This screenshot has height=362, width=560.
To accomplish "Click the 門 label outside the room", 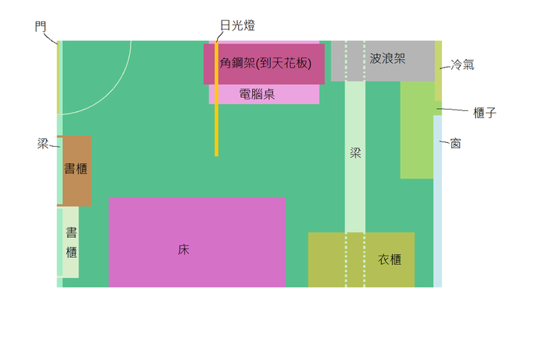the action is pos(40,26).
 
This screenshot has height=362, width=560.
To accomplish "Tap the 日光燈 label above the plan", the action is pos(237,26).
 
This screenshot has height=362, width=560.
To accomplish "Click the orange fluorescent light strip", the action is pos(216,99).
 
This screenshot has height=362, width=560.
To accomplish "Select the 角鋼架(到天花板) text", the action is pos(265,63).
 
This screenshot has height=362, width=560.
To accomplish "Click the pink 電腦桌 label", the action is pos(257,94).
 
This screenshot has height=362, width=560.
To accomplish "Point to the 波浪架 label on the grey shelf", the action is pos(387,58).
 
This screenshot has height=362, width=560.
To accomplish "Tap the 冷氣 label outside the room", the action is pos(463,64).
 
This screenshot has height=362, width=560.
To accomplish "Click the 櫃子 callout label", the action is pos(485,113).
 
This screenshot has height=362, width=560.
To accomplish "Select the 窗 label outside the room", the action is pos(455,144).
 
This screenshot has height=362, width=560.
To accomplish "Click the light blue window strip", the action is pos(437,201).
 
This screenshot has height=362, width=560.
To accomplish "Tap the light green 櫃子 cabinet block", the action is pos(417,130).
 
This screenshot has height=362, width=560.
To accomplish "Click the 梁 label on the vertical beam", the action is pos(355,153).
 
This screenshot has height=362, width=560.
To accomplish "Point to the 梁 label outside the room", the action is pos(43,144).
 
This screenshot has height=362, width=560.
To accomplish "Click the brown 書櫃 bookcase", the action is pos(75,170).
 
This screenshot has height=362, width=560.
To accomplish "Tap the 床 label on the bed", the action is pos(184,249).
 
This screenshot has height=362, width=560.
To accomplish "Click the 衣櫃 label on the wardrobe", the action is pos(390,259).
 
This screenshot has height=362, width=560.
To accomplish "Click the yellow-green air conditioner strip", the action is pos(438,71).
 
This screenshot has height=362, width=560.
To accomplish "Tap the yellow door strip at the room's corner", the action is pos(58,78).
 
